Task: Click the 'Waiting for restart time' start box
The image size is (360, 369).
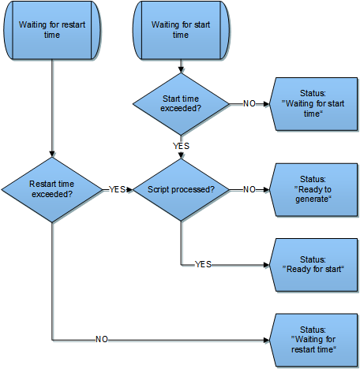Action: tap(52, 30)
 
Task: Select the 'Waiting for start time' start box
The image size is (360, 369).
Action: tap(181, 30)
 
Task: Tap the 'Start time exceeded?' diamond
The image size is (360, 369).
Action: tap(181, 104)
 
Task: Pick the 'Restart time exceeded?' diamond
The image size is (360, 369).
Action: tap(52, 190)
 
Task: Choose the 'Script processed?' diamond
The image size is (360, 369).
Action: tap(181, 190)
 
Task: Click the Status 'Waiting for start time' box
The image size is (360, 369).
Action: tap(313, 104)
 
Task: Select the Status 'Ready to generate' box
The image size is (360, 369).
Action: tap(313, 190)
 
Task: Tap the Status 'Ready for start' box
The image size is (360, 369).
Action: tap(313, 265)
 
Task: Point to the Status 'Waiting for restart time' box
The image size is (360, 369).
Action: tap(313, 340)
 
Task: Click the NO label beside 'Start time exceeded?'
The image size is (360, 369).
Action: tap(249, 104)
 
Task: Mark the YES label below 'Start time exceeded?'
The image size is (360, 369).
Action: tap(181, 146)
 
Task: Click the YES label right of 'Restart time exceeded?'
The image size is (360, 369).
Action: tap(118, 189)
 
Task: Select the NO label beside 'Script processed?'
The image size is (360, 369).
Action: tap(249, 189)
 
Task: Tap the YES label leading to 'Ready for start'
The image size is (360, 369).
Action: tap(203, 264)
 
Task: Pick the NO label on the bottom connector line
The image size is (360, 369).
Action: tap(102, 340)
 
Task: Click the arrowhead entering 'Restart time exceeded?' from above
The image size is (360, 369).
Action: tap(52, 155)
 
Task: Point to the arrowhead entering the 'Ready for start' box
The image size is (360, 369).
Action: tap(267, 265)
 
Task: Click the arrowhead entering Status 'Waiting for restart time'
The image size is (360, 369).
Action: tap(267, 340)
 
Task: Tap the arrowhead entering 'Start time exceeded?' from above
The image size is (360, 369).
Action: tap(181, 70)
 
